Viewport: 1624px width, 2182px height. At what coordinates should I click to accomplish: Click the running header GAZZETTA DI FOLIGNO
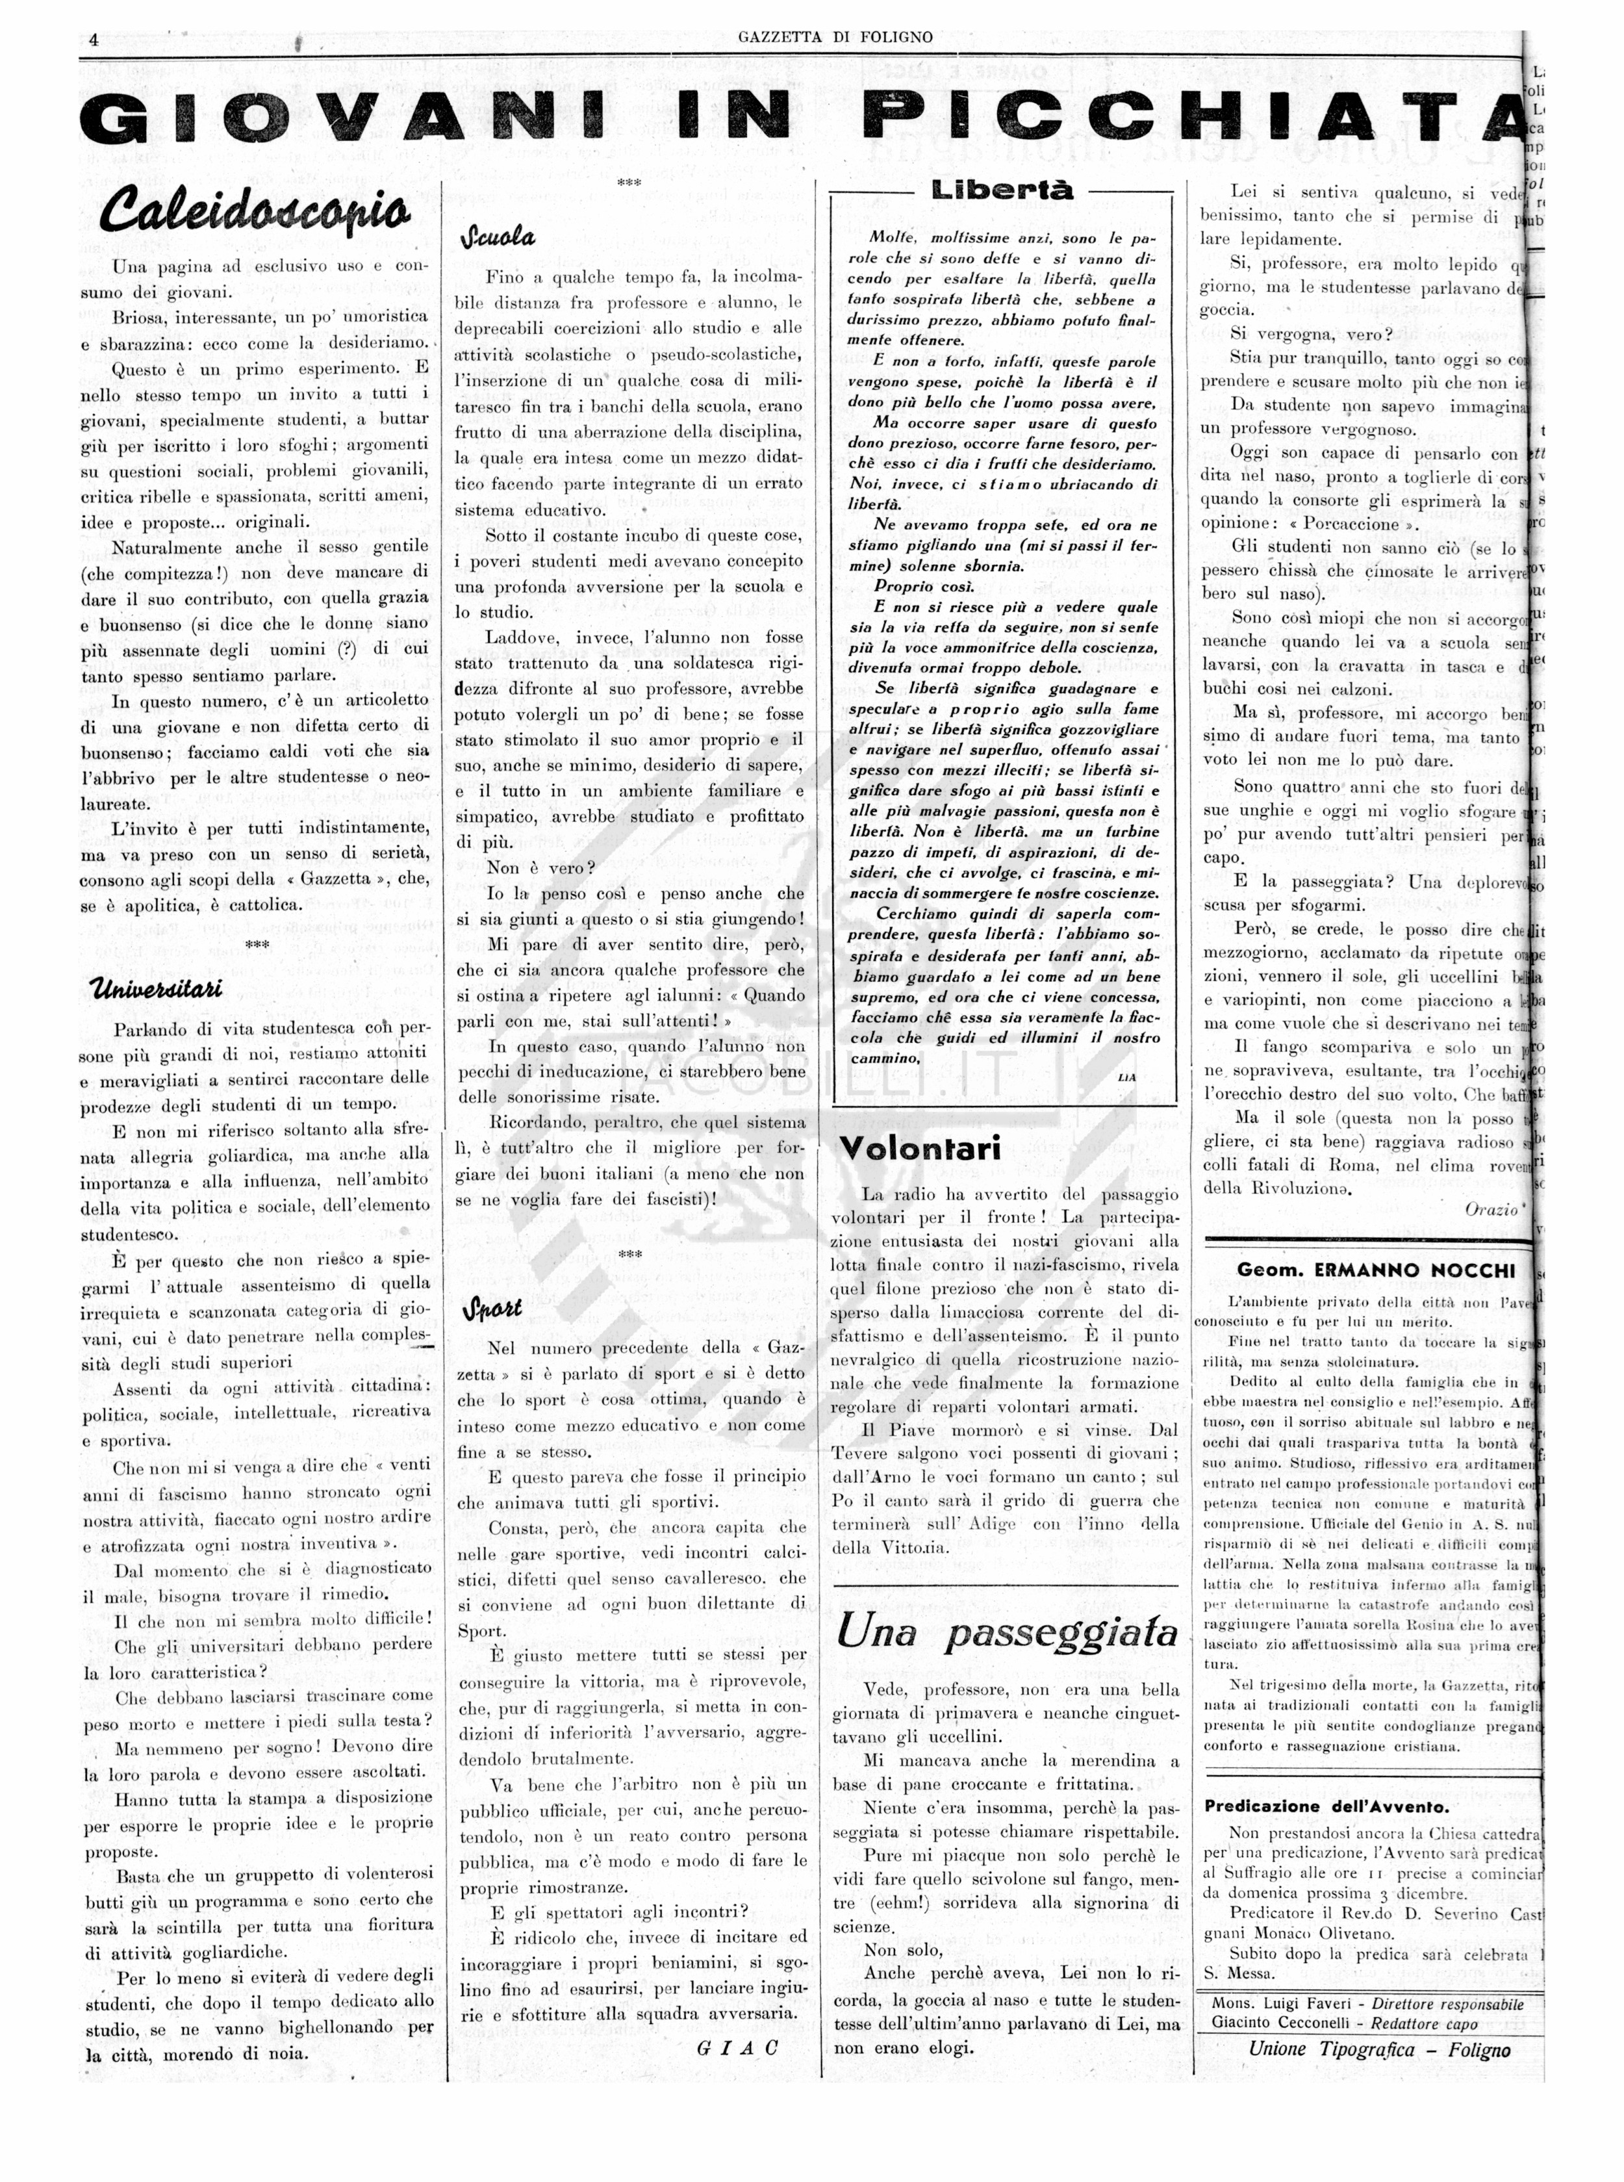coord(835,38)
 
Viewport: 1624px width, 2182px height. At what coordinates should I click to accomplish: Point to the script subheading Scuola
coord(498,237)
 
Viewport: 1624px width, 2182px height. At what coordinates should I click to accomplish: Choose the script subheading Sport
coord(492,1310)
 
